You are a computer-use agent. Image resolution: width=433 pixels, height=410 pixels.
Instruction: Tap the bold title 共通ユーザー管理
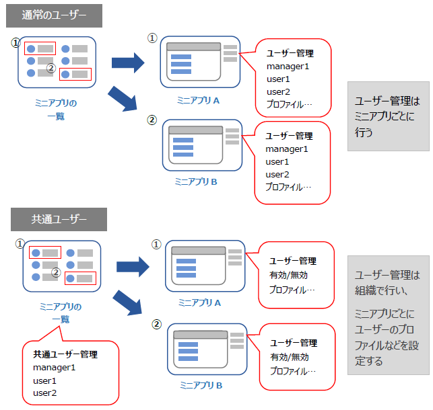click(65, 354)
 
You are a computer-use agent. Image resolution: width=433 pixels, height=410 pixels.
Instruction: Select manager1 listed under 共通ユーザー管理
click(54, 368)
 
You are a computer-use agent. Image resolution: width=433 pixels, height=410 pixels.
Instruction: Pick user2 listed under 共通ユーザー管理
click(44, 393)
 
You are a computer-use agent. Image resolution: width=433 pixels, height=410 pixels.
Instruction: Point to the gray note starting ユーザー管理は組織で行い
click(388, 315)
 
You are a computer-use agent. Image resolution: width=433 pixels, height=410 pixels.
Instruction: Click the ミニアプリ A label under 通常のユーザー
click(199, 100)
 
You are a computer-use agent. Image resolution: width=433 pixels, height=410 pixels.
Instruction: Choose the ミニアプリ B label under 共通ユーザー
click(201, 385)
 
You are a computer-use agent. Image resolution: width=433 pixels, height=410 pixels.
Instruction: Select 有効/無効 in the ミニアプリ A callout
click(290, 276)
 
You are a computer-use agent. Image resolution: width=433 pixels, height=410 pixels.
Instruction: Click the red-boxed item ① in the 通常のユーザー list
click(40, 49)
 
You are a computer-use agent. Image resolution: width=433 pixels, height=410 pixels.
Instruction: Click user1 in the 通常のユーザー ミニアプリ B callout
click(277, 162)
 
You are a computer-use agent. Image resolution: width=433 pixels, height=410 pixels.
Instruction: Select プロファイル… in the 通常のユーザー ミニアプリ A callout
click(289, 105)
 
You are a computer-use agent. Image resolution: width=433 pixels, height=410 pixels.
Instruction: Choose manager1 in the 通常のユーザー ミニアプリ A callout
click(287, 67)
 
